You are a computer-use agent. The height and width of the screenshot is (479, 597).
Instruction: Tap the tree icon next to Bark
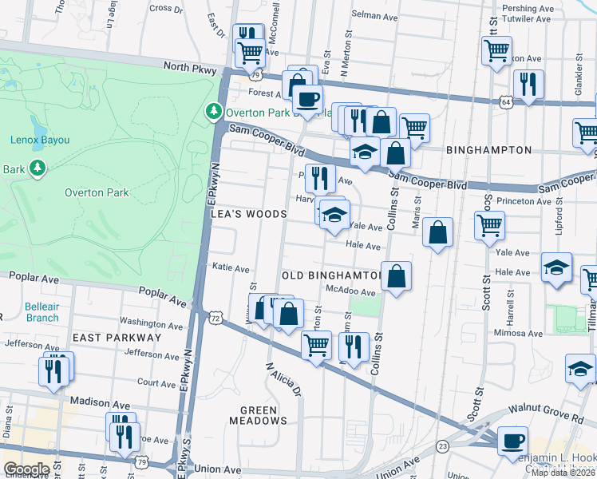coord(37,168)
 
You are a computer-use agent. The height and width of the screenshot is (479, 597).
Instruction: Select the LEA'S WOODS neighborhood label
coord(247,214)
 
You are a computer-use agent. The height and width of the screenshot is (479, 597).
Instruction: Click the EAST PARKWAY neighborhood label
coord(117,338)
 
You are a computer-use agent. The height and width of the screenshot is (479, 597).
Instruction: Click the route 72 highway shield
coord(215,318)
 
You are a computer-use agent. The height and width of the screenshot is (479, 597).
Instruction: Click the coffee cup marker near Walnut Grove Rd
coord(512,440)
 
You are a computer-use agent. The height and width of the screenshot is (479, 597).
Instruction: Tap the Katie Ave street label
coord(231,268)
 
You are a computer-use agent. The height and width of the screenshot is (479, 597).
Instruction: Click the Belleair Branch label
coord(41,311)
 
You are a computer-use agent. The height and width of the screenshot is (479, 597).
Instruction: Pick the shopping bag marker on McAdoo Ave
coord(396,276)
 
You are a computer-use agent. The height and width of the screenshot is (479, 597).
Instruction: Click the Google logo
coord(26,469)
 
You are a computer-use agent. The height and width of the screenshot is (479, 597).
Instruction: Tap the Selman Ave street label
coord(376,15)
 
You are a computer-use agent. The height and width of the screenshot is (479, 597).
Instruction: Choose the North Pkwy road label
coord(189,69)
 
